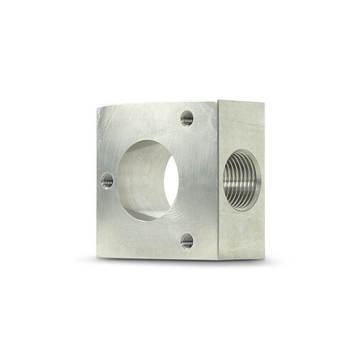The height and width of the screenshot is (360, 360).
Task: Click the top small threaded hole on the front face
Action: [x=187, y=118]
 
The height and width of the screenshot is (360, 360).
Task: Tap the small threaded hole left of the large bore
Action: [x=108, y=181]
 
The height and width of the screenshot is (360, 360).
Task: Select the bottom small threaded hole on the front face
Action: [x=187, y=241]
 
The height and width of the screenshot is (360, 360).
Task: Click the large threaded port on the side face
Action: [x=242, y=180]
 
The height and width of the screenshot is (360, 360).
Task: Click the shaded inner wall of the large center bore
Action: [x=139, y=180]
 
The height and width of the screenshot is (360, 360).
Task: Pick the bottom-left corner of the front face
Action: [x=97, y=258]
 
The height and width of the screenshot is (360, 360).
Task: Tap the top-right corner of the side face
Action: [x=264, y=103]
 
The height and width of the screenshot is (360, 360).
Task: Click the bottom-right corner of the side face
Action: [x=264, y=258]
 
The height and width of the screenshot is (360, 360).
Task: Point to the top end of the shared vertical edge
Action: [x=218, y=101]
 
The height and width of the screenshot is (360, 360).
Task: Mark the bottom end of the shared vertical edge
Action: [x=218, y=260]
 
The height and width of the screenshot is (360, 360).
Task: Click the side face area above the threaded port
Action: [x=242, y=126]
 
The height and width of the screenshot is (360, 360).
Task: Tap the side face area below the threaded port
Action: [x=242, y=234]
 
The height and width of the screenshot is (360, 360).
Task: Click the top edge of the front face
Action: [x=157, y=103]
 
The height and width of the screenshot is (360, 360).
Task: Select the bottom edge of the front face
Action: [x=157, y=259]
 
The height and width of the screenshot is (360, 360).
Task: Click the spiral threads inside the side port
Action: [x=234, y=180]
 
